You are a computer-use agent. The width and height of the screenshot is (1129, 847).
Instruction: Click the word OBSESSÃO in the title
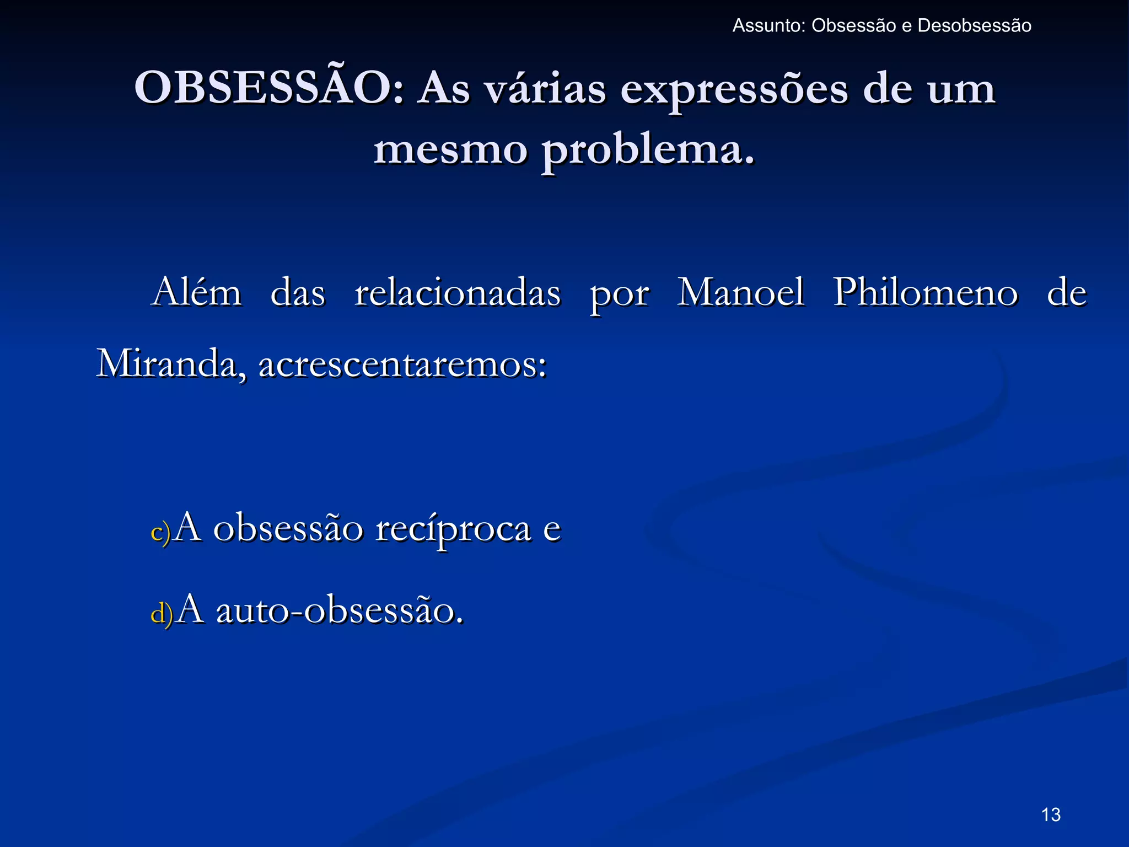(268, 88)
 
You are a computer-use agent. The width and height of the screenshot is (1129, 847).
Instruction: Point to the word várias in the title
(545, 89)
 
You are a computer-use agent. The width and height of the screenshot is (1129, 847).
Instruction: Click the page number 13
(1051, 814)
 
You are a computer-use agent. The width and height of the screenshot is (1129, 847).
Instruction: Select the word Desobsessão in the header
(974, 26)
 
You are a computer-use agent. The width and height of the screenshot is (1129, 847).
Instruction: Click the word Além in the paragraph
(197, 292)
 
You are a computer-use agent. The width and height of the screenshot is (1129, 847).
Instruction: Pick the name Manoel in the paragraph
(740, 292)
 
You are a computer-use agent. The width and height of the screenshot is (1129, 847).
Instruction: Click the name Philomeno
(925, 293)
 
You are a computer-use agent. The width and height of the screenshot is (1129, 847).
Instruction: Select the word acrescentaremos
(402, 365)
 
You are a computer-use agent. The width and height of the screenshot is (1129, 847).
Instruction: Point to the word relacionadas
(458, 292)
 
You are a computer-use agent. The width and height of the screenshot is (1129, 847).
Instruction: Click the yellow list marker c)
(160, 533)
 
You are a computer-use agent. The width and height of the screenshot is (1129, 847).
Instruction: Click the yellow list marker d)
(162, 613)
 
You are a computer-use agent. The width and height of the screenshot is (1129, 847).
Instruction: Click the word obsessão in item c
(288, 528)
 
